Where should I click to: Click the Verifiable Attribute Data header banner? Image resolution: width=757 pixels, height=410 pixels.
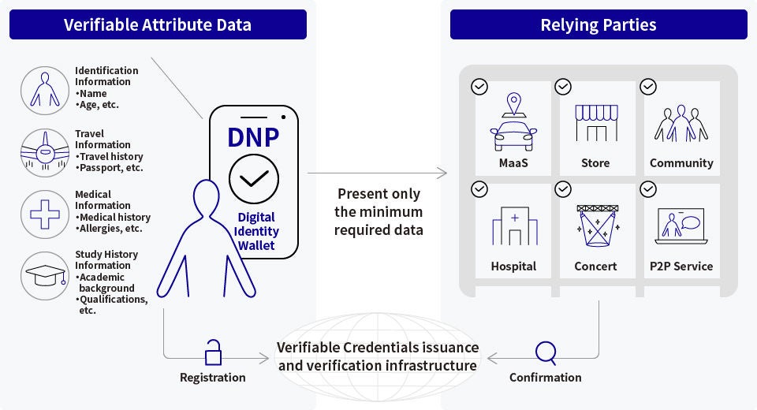(x=158, y=24)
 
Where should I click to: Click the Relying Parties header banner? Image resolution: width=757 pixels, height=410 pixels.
(x=599, y=24)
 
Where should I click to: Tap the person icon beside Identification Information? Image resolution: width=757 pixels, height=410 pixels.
(x=44, y=87)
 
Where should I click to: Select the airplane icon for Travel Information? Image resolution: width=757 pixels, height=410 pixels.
(x=44, y=151)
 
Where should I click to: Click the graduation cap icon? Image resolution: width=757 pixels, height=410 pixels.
(x=44, y=275)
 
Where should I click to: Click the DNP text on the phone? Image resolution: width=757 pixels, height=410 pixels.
(x=253, y=136)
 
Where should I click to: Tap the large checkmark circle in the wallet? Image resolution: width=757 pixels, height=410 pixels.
(x=253, y=179)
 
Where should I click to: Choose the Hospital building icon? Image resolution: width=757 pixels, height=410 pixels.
(x=514, y=226)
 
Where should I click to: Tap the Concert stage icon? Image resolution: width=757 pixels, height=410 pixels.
(x=597, y=226)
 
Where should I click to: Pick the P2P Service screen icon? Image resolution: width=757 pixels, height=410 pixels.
(x=680, y=226)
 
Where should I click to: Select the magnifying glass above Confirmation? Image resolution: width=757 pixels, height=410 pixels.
(x=545, y=351)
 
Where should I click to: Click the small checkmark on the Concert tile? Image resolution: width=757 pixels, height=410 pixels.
(x=563, y=189)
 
